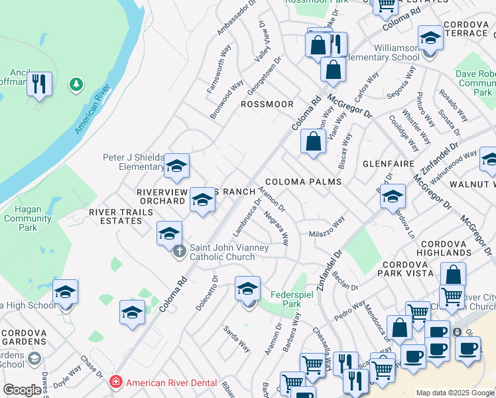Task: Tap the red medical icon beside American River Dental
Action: tap(115, 382)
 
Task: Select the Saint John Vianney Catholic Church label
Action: tap(229, 253)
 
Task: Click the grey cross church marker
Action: tap(179, 252)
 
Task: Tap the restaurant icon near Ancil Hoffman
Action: tap(39, 84)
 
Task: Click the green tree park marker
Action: tap(77, 84)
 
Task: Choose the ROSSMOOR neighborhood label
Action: tap(267, 104)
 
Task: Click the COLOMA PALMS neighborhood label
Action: tap(303, 182)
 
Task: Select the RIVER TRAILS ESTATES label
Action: tap(121, 216)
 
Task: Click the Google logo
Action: tap(22, 390)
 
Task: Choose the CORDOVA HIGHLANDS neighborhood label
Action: tap(444, 248)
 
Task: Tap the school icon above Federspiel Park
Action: tap(247, 289)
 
